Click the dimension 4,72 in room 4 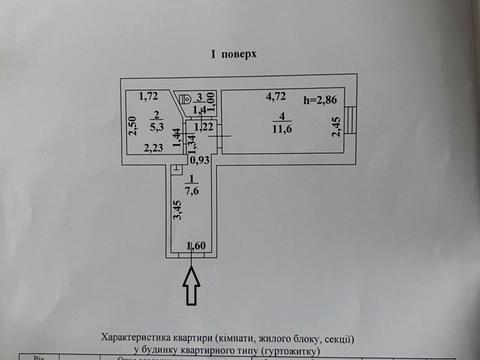pyautogui.click(x=276, y=98)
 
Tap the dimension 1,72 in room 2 pyautogui.click(x=150, y=96)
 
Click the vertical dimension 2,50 pyautogui.click(x=133, y=125)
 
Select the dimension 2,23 pyautogui.click(x=154, y=148)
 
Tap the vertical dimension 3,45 pyautogui.click(x=176, y=211)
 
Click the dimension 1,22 pyautogui.click(x=203, y=127)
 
